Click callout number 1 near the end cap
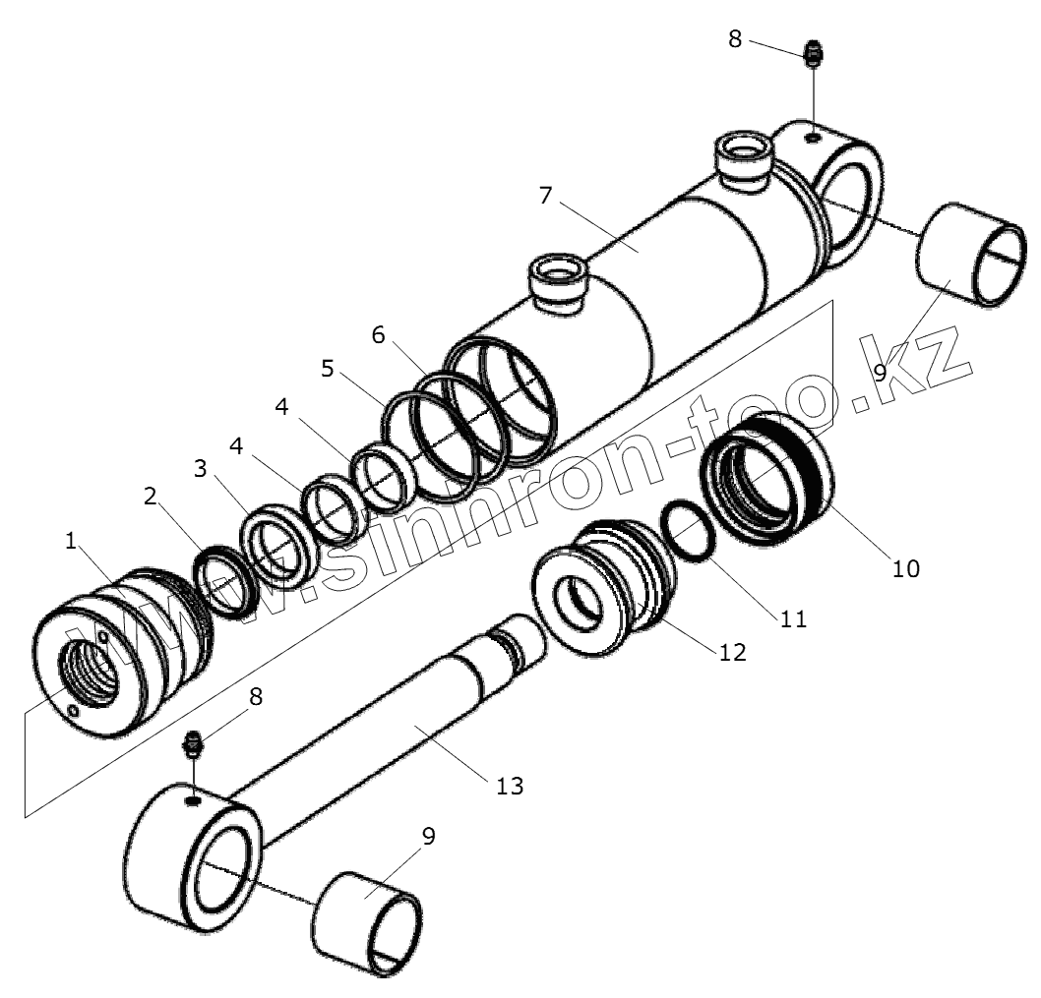pos(70,541)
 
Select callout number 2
pos(151,497)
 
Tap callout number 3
pos(200,468)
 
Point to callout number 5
pos(328,370)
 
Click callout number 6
pos(378,335)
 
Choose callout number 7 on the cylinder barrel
pos(546,195)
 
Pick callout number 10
pos(905,567)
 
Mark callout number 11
pos(793,618)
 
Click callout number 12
pos(733,651)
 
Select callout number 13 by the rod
pos(510,786)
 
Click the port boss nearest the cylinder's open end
pos(558,280)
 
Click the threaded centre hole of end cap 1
pos(91,671)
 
